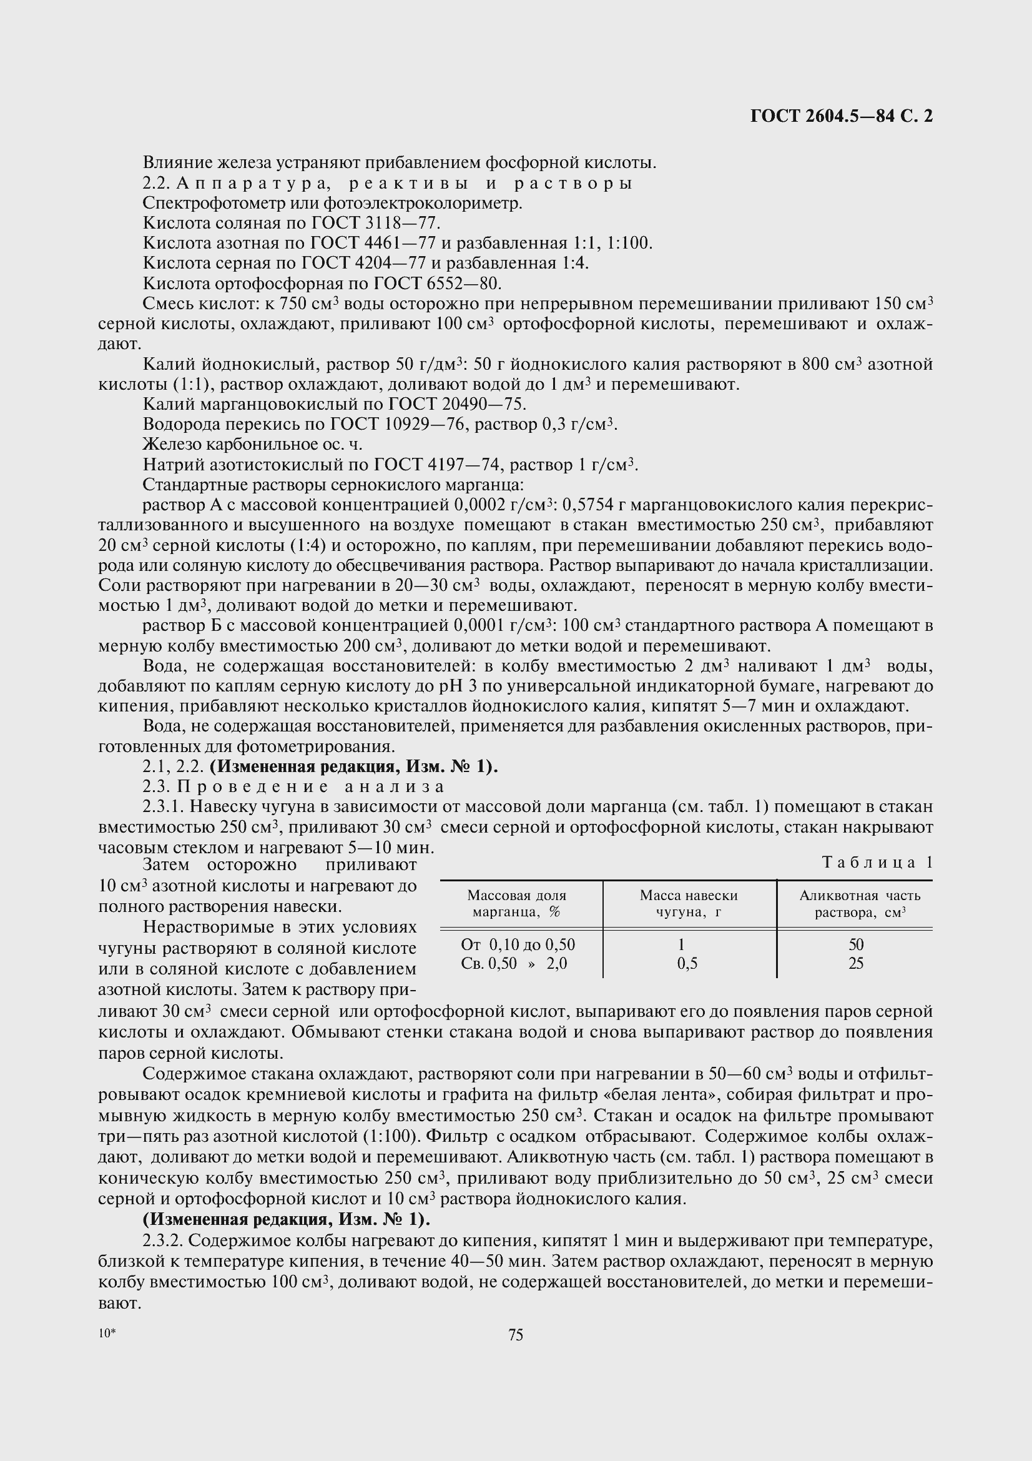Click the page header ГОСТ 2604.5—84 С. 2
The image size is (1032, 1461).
[840, 116]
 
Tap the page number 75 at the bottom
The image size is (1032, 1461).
[516, 1335]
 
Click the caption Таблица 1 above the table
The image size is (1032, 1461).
[877, 862]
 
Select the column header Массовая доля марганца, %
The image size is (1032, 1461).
[516, 904]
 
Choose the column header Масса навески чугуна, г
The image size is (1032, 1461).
[688, 904]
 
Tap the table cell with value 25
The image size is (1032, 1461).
[856, 963]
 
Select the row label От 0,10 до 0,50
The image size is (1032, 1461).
[518, 944]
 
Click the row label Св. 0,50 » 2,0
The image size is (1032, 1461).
[514, 963]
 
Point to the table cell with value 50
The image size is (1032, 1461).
[856, 944]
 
